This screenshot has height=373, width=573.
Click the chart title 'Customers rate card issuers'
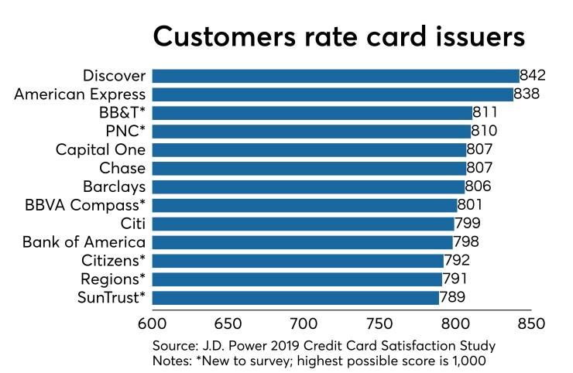(x=338, y=36)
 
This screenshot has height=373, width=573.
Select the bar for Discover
(x=335, y=76)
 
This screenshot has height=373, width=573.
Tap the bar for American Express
(x=332, y=94)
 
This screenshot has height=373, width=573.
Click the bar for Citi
(x=303, y=224)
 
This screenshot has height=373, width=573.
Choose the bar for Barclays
(x=308, y=186)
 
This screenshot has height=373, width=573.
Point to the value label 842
(x=534, y=76)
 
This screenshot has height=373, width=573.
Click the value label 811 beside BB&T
(x=486, y=113)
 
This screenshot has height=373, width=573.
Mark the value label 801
(x=471, y=205)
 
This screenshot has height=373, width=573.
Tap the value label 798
(x=467, y=242)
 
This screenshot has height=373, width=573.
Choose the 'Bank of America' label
(x=84, y=242)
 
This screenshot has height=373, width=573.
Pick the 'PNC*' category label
(x=125, y=132)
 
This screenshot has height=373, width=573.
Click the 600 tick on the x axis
(x=152, y=320)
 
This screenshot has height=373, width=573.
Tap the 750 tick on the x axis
(x=379, y=320)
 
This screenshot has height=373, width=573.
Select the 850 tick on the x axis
(x=531, y=320)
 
